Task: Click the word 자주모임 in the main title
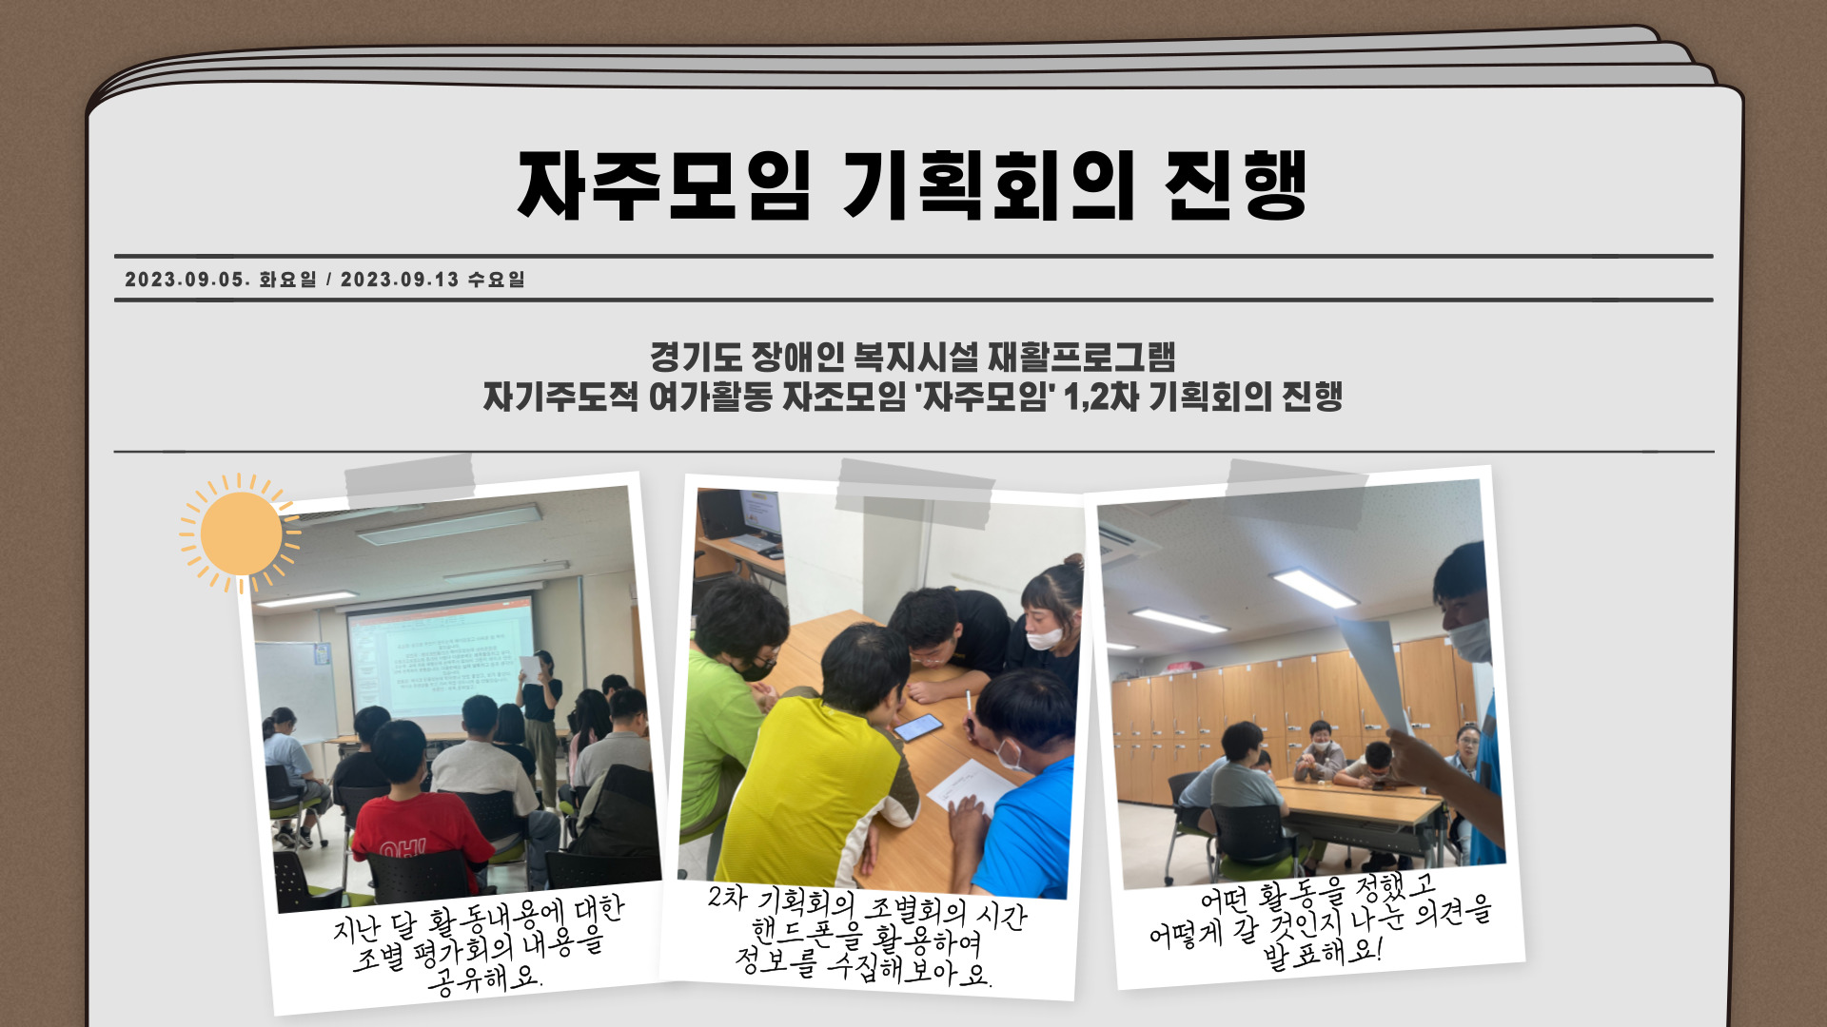tap(664, 185)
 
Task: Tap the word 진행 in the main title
tap(1236, 185)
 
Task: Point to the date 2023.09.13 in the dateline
tap(400, 280)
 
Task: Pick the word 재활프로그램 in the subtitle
tap(1082, 358)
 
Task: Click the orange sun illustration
tap(241, 533)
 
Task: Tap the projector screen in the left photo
tap(441, 661)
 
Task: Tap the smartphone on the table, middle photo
tap(918, 727)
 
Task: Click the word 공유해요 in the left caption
tap(485, 979)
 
